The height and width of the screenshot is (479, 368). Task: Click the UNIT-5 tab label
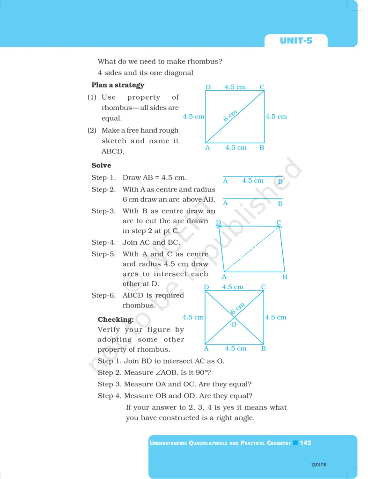point(296,41)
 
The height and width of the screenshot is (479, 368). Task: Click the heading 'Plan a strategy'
point(118,85)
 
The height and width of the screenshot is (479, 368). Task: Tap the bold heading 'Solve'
point(101,165)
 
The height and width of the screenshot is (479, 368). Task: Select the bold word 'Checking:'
point(116,319)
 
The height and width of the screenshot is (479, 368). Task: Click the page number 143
point(306,443)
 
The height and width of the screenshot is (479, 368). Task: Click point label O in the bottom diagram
point(234,325)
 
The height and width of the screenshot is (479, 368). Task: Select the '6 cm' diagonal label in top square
point(230,116)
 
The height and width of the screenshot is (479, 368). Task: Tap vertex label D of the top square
point(208,87)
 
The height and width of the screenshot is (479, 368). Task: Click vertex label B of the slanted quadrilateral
point(285,277)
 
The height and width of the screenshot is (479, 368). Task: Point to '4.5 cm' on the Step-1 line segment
point(252,181)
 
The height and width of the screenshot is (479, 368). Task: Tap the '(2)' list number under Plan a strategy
point(92,131)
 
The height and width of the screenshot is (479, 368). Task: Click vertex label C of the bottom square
point(263,287)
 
